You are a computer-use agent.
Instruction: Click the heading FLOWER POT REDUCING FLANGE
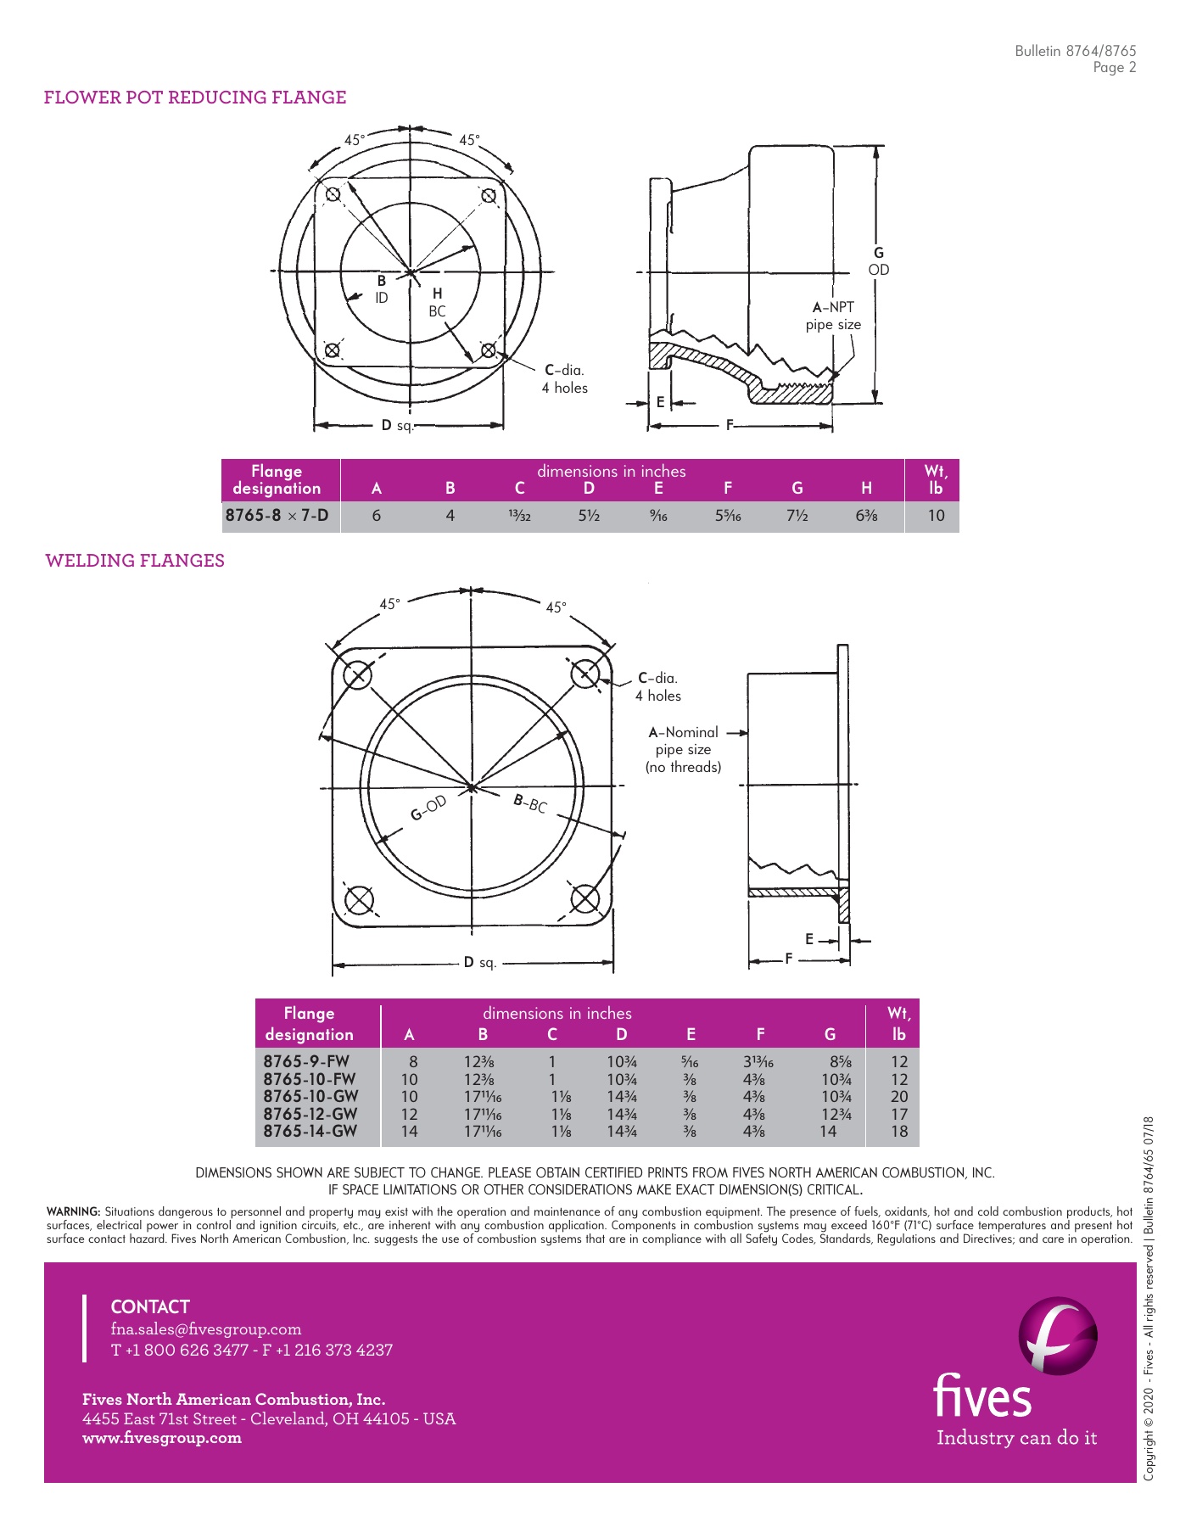pos(195,98)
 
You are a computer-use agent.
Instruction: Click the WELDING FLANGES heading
pos(135,561)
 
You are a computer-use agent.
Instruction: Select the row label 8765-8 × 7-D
pos(277,515)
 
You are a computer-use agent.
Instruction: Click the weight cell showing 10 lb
pos(935,515)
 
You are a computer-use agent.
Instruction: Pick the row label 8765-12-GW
pos(310,1114)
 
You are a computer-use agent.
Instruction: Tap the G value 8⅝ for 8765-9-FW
pos(841,1061)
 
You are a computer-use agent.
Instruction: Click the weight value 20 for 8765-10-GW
pos(898,1096)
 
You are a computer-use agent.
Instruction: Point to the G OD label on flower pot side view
pos(878,261)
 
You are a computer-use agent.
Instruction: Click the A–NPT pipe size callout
pos(833,316)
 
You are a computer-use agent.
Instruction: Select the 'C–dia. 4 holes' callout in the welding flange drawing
pos(657,687)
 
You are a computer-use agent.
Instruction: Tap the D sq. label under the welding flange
pos(479,962)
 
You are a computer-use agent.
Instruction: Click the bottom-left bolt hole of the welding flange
pos(360,900)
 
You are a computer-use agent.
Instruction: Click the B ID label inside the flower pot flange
pos(382,288)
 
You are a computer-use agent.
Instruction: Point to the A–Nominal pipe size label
pos(684,749)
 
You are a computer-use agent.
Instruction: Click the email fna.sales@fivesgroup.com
pos(206,1329)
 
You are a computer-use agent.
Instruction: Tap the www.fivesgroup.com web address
pos(162,1438)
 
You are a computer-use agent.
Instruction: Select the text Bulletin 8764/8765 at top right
pos(1075,51)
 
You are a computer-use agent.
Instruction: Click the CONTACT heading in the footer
pos(150,1306)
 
